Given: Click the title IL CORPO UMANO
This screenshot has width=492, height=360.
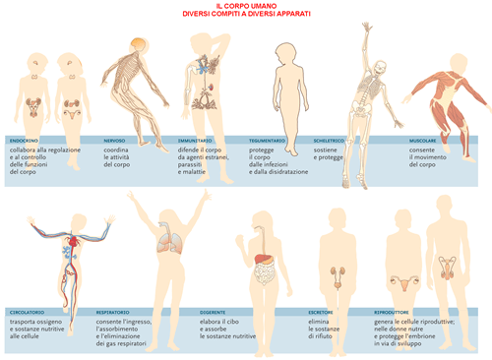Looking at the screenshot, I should pos(245,6).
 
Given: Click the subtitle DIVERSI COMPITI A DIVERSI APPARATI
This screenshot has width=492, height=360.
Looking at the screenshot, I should pos(245,15).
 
